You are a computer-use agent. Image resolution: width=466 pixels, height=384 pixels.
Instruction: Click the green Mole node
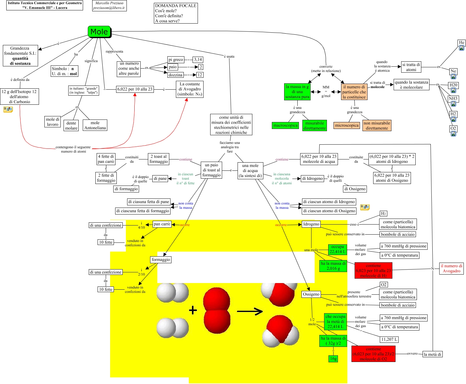(x=99, y=32)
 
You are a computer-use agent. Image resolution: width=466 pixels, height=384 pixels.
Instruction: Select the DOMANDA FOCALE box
(x=176, y=13)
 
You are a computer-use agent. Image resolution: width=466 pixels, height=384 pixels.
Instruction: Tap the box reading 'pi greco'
(x=176, y=59)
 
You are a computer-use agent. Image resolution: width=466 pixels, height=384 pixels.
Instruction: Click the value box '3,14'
(x=198, y=59)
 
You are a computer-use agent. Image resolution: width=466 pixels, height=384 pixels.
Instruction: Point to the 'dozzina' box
(x=175, y=75)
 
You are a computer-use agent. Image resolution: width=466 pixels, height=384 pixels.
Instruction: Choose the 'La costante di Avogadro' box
(x=190, y=89)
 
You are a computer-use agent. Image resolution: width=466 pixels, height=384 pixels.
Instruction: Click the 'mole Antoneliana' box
(x=95, y=125)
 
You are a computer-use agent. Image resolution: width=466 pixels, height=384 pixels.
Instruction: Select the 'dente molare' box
(x=71, y=125)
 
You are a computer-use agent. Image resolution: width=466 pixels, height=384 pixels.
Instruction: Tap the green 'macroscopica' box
(x=285, y=125)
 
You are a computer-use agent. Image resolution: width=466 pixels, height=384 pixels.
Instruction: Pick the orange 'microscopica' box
(x=347, y=125)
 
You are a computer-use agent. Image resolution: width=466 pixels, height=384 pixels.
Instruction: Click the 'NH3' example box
(x=453, y=99)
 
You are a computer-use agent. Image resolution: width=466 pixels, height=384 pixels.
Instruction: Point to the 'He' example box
(x=461, y=42)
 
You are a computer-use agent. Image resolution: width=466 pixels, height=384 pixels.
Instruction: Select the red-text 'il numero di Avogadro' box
(x=452, y=269)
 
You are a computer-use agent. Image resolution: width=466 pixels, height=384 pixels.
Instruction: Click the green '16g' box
(x=333, y=359)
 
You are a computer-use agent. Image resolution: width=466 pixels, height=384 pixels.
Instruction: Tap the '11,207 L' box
(x=389, y=339)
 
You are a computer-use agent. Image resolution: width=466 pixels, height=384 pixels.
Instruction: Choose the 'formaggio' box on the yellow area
(x=161, y=259)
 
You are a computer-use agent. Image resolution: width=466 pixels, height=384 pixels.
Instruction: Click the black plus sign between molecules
(x=193, y=311)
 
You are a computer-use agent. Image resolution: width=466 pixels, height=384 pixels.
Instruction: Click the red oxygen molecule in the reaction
(x=217, y=310)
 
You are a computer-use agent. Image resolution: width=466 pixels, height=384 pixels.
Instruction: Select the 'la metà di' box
(x=432, y=354)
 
